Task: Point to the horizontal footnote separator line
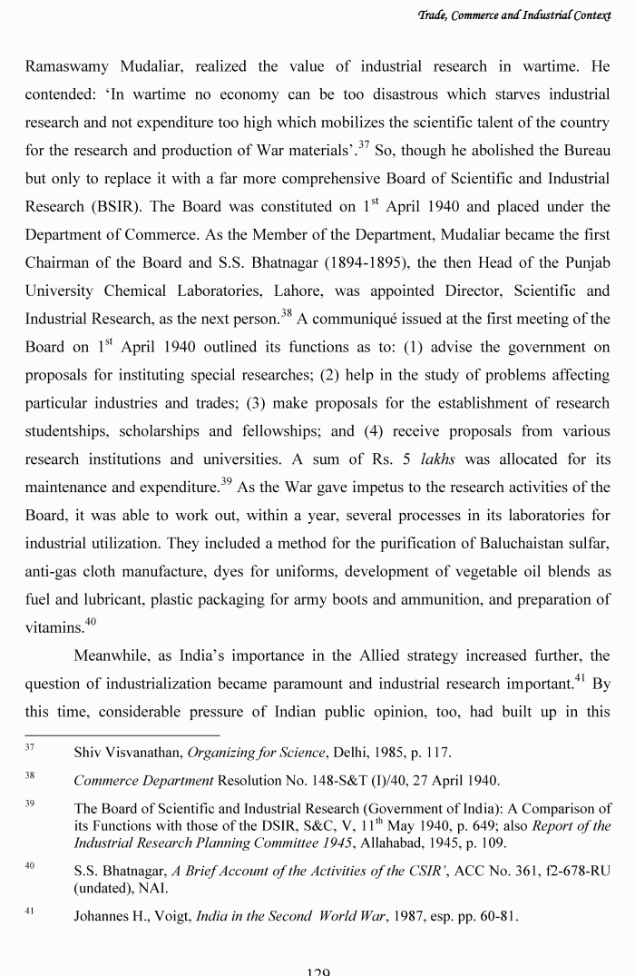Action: tap(122, 734)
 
